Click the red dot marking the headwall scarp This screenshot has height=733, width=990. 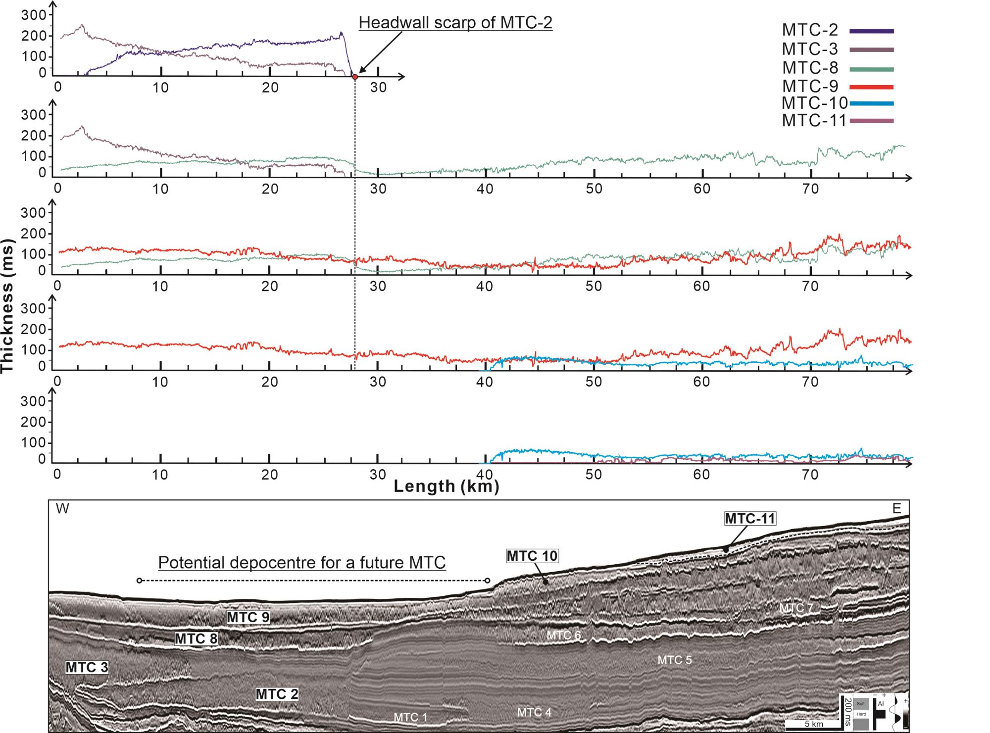(x=355, y=77)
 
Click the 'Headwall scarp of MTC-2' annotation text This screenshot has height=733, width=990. (x=455, y=23)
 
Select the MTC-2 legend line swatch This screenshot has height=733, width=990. (x=871, y=31)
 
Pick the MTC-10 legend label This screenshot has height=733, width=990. (x=814, y=103)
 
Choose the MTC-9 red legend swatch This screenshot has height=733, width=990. (x=871, y=87)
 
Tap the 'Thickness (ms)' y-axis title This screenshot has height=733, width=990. (x=8, y=306)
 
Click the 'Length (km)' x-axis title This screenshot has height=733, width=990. (x=446, y=486)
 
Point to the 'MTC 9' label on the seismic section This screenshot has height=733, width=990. (x=248, y=617)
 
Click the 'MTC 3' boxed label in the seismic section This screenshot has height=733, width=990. (x=87, y=667)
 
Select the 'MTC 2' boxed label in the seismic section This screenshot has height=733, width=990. (x=277, y=694)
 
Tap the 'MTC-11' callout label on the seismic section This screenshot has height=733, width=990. (x=749, y=518)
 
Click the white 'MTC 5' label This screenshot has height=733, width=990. (x=674, y=660)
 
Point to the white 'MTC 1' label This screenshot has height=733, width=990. (x=410, y=717)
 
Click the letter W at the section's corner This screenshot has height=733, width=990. (x=62, y=509)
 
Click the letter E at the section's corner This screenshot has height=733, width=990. (x=896, y=508)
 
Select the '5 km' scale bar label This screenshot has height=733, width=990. (x=813, y=724)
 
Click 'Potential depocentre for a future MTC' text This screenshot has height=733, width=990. (x=301, y=563)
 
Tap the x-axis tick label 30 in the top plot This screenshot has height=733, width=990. (x=378, y=88)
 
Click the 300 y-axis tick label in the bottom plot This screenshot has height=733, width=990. (x=33, y=401)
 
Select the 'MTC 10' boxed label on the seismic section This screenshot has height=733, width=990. (x=532, y=556)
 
